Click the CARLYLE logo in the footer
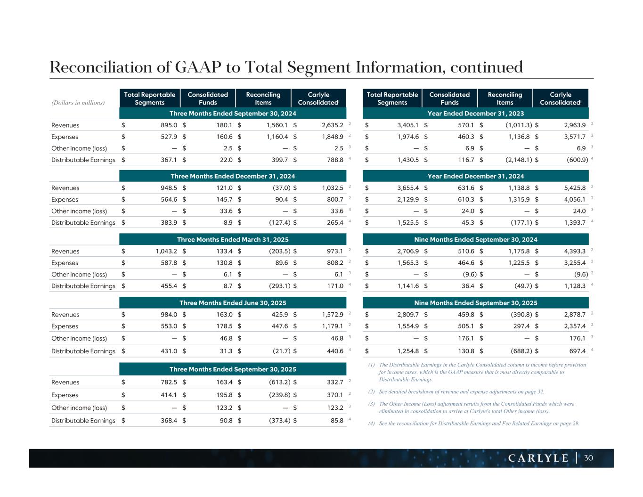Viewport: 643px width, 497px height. coord(538,458)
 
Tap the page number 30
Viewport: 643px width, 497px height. coord(588,458)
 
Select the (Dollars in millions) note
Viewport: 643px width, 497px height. coord(78,102)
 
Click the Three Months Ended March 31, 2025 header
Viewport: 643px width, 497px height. coord(233,239)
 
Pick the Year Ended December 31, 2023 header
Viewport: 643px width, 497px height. coord(475,113)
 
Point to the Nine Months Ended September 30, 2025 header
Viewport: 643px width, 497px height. coord(475,303)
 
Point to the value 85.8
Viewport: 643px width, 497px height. coord(337,421)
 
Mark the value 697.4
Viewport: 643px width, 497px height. coord(578,351)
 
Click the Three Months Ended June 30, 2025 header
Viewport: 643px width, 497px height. coord(233,303)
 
